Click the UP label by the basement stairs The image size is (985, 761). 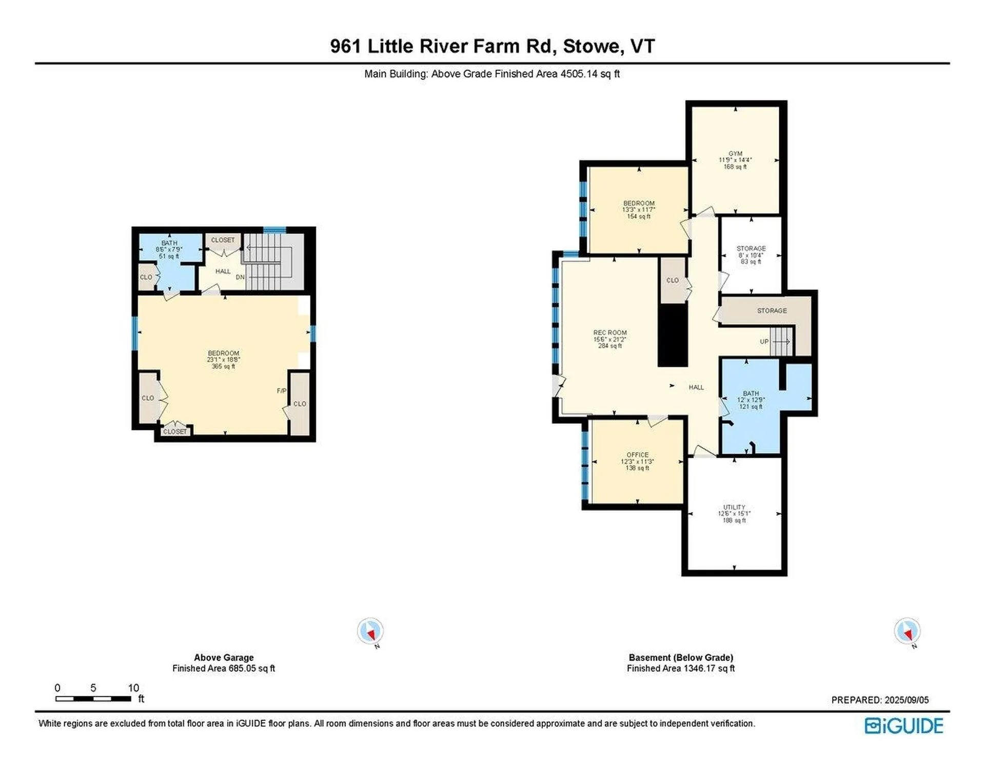click(x=764, y=342)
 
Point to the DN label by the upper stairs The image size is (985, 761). click(x=240, y=277)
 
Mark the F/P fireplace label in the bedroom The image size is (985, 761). click(x=281, y=391)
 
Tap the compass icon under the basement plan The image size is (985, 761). click(x=907, y=631)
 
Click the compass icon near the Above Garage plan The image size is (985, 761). click(x=370, y=631)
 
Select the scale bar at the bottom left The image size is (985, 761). click(x=93, y=699)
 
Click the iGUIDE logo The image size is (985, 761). click(x=903, y=726)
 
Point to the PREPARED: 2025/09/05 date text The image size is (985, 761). click(x=880, y=700)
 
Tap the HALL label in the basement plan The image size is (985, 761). click(x=696, y=387)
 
